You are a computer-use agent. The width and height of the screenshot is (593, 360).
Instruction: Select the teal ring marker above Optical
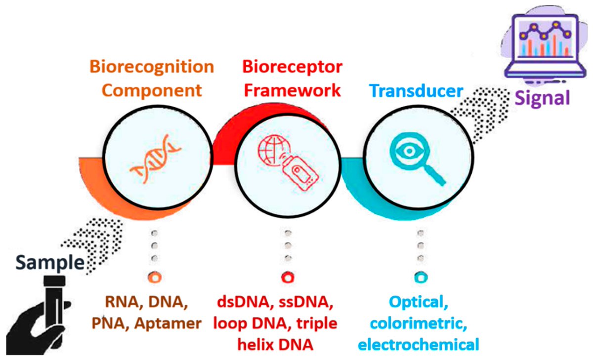pyautogui.click(x=420, y=278)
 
